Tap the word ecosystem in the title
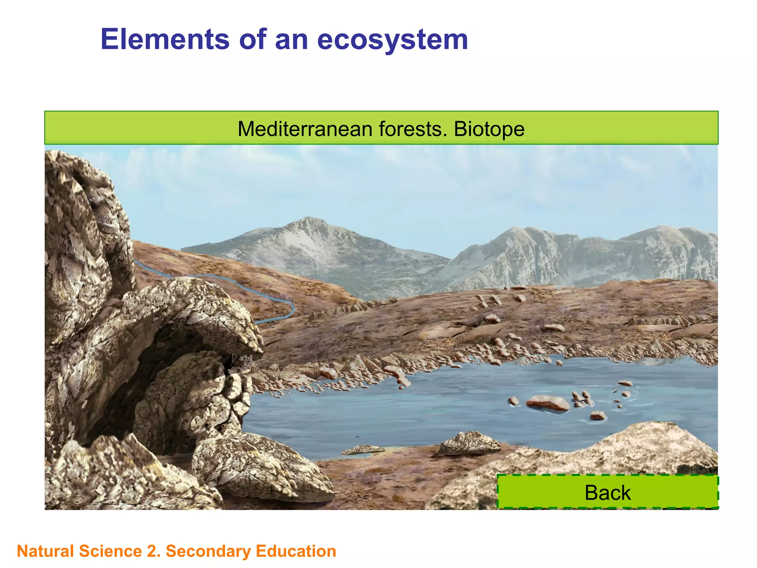[393, 40]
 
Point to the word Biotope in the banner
[489, 129]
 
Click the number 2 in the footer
[151, 551]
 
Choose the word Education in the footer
[296, 551]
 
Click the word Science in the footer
[110, 551]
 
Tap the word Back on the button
[608, 493]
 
